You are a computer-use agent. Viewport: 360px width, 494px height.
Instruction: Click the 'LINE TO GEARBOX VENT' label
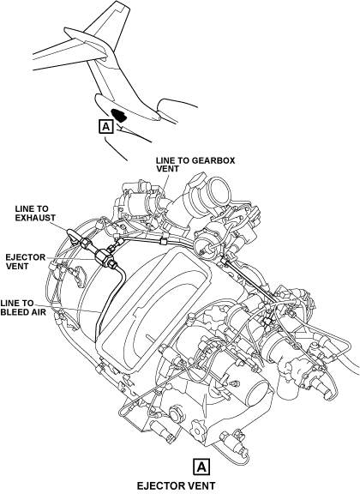pos(195,165)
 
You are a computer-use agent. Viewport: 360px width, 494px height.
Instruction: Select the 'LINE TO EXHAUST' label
pos(35,213)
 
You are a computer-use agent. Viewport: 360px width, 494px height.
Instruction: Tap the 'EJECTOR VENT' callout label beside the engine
pos(25,262)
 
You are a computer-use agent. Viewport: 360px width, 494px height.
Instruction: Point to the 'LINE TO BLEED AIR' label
pos(23,308)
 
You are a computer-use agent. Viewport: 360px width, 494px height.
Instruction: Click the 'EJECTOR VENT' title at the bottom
pos(176,485)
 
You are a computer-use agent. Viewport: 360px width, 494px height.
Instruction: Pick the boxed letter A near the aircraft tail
pos(106,127)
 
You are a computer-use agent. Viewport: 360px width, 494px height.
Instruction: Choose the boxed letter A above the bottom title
pos(201,467)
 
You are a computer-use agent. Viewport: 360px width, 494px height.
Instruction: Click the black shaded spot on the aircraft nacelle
pos(120,115)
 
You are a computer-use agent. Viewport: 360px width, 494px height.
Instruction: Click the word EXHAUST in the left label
pos(35,217)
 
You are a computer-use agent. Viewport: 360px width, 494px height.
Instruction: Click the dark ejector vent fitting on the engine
pos(103,256)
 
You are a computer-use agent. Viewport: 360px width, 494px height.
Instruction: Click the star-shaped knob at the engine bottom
pos(198,428)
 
